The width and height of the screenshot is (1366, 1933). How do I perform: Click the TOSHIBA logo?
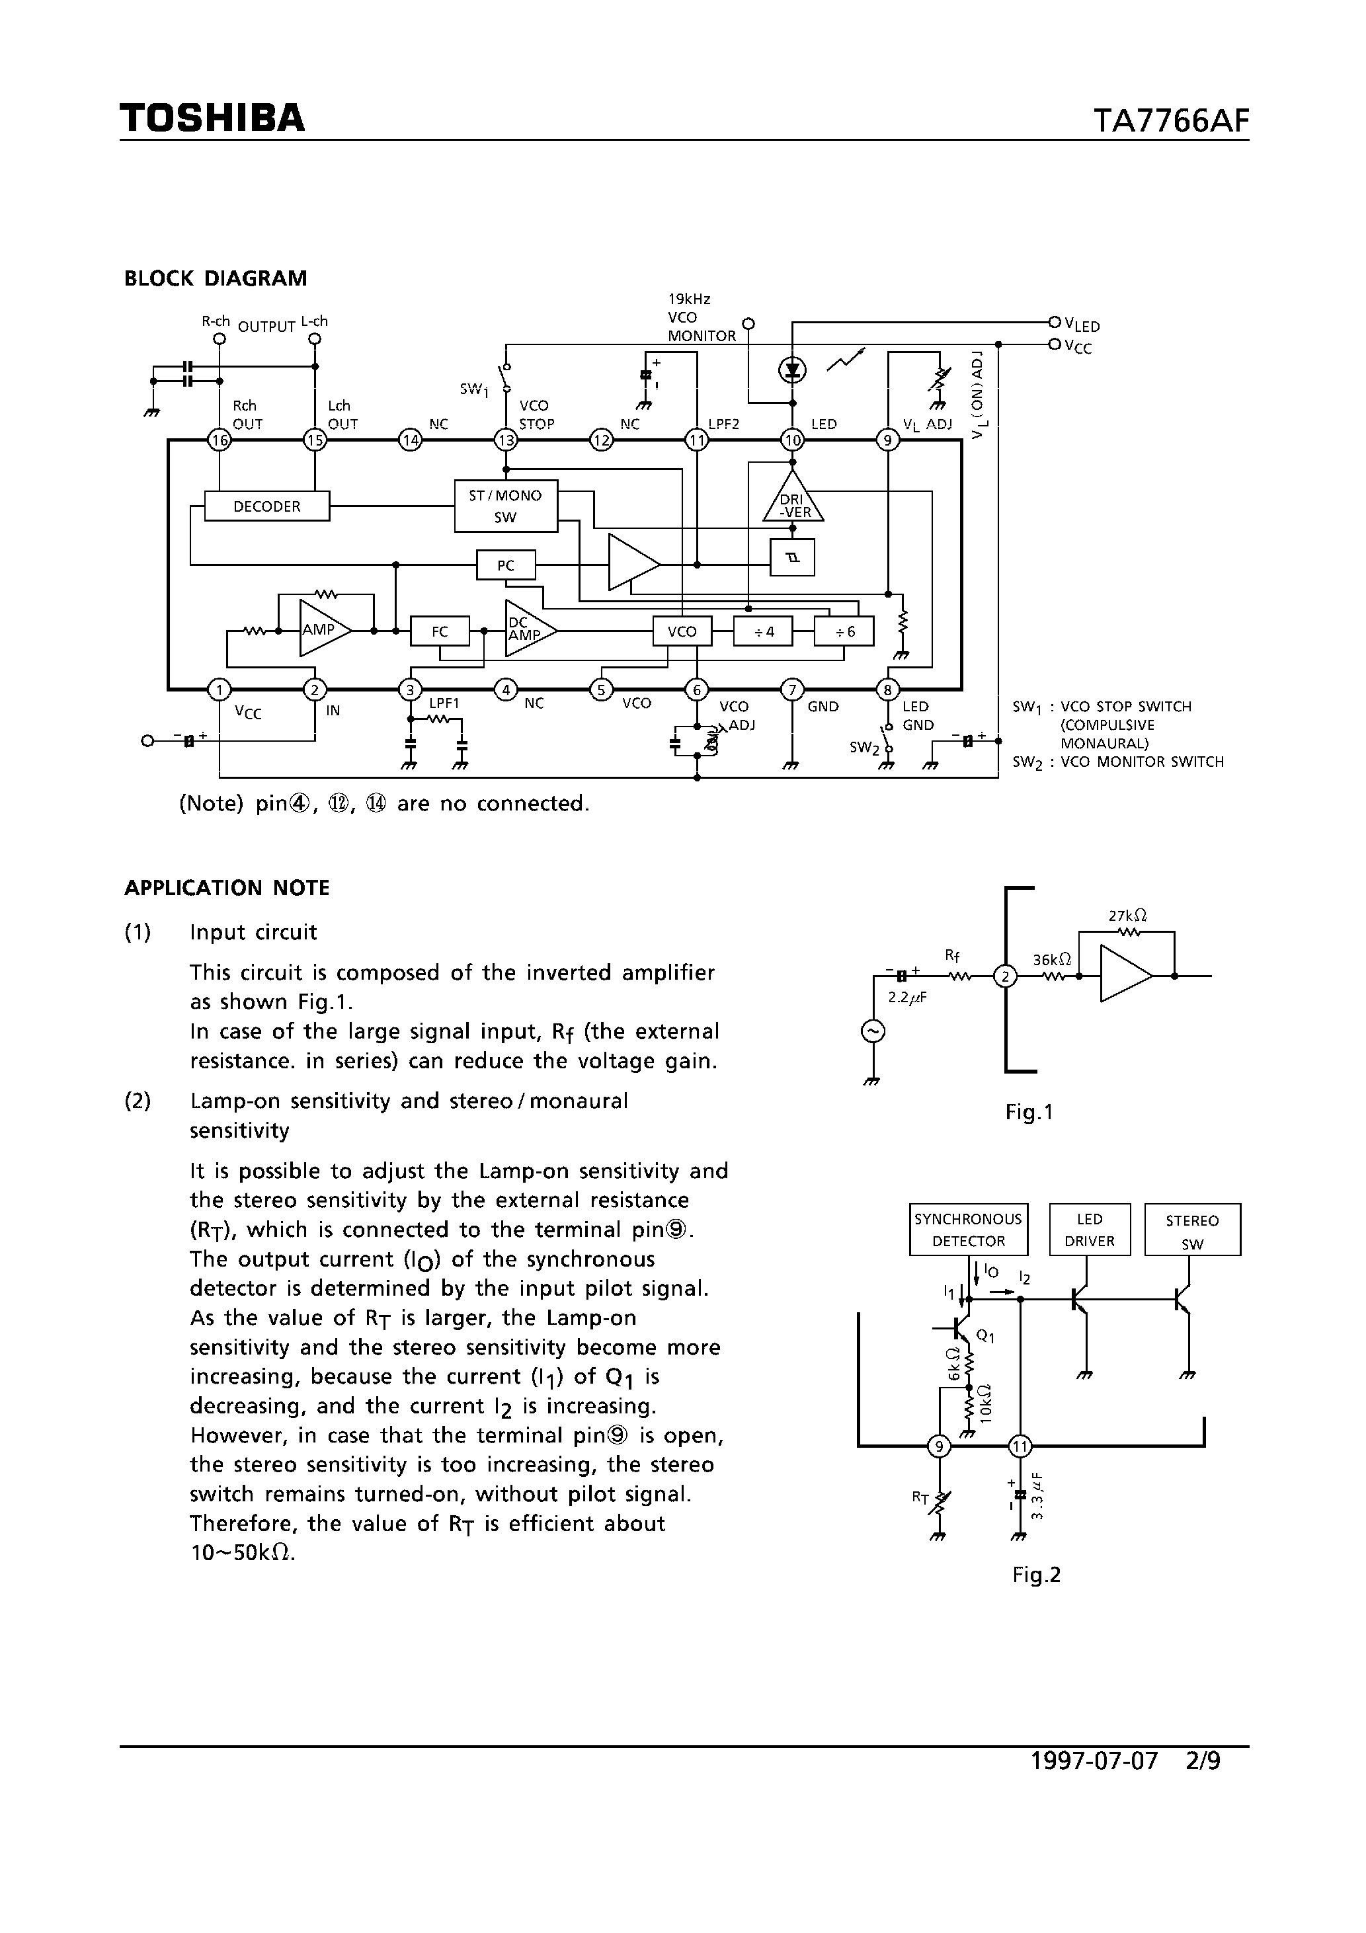[212, 119]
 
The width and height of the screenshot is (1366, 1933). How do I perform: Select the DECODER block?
[267, 506]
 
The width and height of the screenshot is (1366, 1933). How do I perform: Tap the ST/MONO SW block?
[505, 506]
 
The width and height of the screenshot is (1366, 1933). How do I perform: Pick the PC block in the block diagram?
[505, 565]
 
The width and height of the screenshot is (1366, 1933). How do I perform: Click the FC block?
[440, 631]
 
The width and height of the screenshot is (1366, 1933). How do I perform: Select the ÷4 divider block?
[763, 631]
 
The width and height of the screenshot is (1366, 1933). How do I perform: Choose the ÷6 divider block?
[844, 631]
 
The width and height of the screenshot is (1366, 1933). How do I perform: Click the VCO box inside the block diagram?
[682, 631]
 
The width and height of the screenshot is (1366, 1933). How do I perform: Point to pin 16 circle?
[219, 440]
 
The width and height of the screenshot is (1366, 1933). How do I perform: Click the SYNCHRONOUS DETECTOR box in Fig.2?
[969, 1230]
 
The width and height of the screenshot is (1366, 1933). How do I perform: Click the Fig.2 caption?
[1036, 1575]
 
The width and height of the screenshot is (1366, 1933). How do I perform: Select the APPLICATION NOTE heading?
[227, 888]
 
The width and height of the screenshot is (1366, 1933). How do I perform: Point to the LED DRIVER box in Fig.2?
[1090, 1230]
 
